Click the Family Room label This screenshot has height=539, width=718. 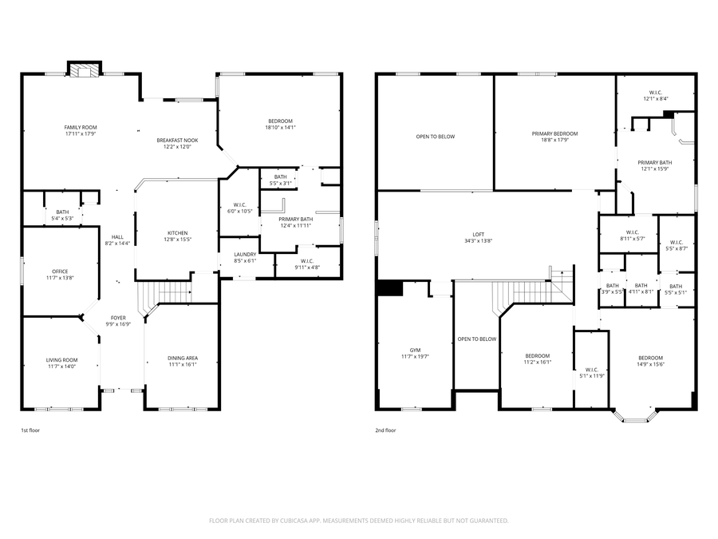[81, 128]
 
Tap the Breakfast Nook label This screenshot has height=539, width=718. [177, 141]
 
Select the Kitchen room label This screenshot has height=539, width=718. [177, 233]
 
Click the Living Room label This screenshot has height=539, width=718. [61, 360]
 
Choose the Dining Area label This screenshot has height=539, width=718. [183, 358]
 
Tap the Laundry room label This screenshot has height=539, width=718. [245, 255]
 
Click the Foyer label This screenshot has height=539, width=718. [118, 318]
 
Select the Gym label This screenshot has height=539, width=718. [415, 350]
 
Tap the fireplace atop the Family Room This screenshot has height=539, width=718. [84, 70]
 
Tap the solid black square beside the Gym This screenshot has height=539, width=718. [390, 288]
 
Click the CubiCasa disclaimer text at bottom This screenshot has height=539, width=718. [358, 521]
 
